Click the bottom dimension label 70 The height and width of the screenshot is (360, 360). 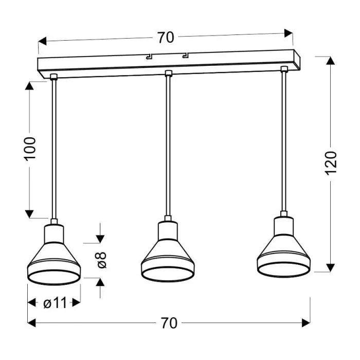pyautogui.click(x=169, y=323)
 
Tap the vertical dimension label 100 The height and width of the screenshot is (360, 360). pyautogui.click(x=30, y=148)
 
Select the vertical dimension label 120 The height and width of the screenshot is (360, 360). pyautogui.click(x=331, y=163)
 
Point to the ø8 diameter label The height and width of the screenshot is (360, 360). pyautogui.click(x=101, y=259)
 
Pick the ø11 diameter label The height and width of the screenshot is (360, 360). pyautogui.click(x=55, y=303)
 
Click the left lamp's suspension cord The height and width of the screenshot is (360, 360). pyautogui.click(x=53, y=149)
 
